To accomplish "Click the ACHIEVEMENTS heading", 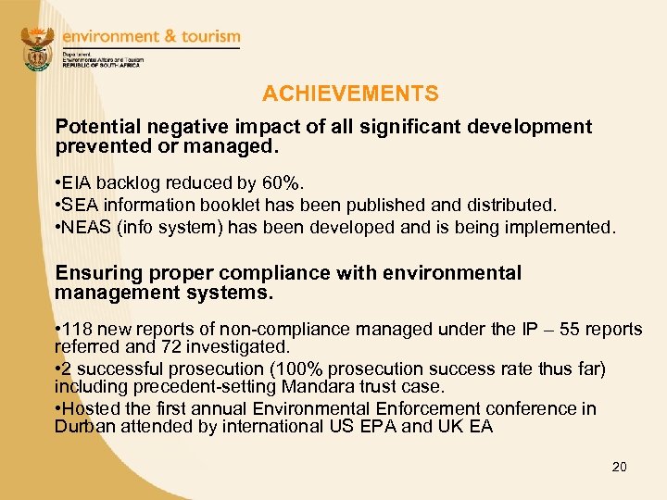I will point(350,94).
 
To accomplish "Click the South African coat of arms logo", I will point(37,50).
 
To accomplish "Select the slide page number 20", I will point(619,467).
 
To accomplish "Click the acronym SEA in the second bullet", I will point(82,206).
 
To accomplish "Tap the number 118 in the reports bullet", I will point(79,329).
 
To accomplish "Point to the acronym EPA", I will point(381,427).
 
